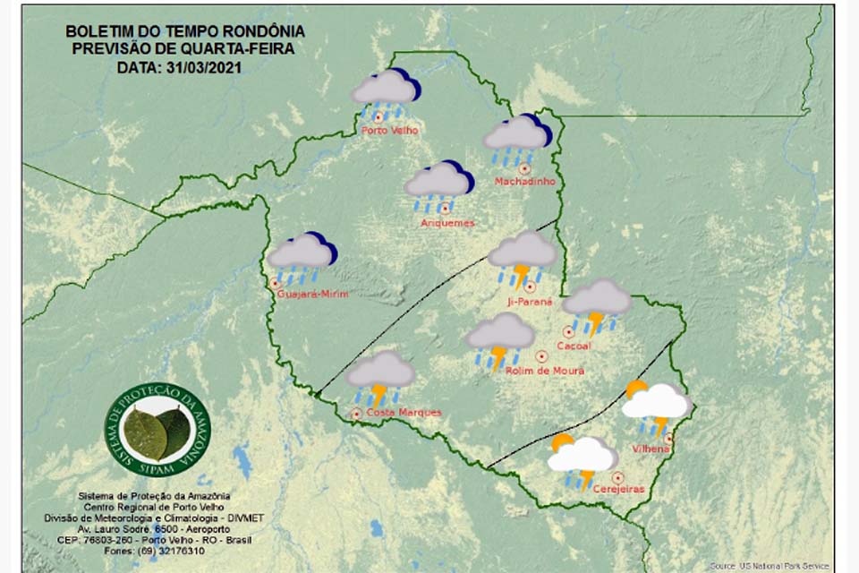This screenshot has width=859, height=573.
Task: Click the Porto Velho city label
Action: (390, 131)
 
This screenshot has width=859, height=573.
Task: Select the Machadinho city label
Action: (525, 182)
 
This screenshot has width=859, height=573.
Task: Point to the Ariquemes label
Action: (447, 222)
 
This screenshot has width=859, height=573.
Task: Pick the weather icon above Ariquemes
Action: (438, 184)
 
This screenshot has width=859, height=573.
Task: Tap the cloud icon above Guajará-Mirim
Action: (302, 255)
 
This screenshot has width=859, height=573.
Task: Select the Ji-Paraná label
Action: (531, 302)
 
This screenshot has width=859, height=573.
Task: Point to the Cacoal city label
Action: (573, 345)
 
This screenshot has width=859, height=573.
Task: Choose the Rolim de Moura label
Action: (545, 371)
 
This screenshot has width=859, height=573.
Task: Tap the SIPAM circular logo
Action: (157, 429)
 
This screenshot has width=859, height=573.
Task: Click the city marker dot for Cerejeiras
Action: (617, 478)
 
